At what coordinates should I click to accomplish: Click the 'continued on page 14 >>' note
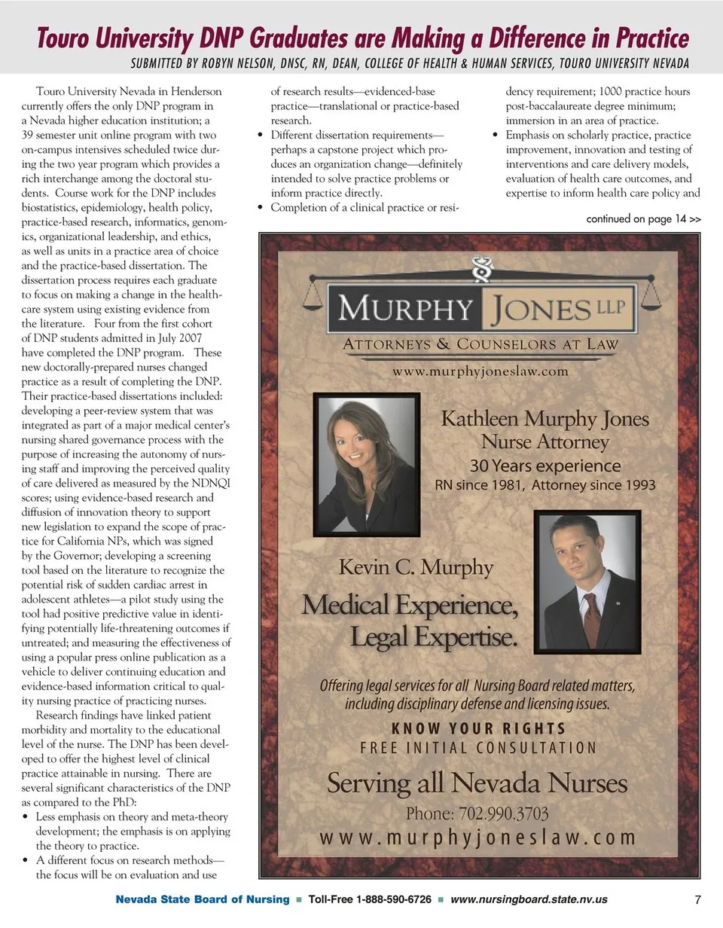pyautogui.click(x=643, y=219)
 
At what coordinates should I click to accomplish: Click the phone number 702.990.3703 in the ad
pyautogui.click(x=477, y=814)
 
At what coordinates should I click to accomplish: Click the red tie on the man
pyautogui.click(x=593, y=618)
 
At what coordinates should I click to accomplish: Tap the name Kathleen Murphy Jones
pyautogui.click(x=545, y=419)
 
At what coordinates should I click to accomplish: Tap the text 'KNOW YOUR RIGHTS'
pyautogui.click(x=478, y=729)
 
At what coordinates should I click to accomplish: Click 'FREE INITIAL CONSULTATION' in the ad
pyautogui.click(x=478, y=748)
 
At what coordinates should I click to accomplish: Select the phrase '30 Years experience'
pyautogui.click(x=545, y=466)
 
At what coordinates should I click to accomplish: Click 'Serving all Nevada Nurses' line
pyautogui.click(x=477, y=783)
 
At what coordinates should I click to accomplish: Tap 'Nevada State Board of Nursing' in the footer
pyautogui.click(x=202, y=899)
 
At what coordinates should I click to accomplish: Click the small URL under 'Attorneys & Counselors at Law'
pyautogui.click(x=480, y=371)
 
